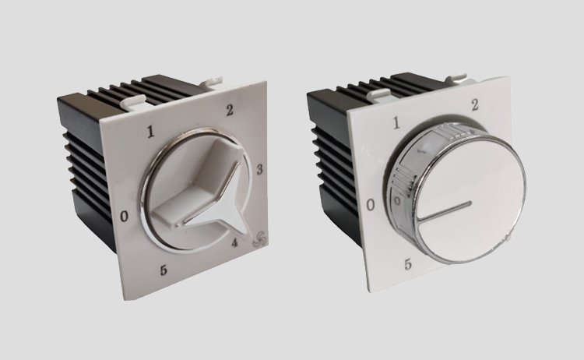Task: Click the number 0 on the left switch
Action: pyautogui.click(x=125, y=216)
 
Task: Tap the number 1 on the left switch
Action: pyautogui.click(x=150, y=132)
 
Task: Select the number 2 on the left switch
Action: pyautogui.click(x=230, y=110)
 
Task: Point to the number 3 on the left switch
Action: pyautogui.click(x=259, y=169)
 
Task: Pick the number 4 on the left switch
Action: pyautogui.click(x=234, y=242)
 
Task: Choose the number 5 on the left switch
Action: pyautogui.click(x=164, y=270)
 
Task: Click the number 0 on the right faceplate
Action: pyautogui.click(x=370, y=205)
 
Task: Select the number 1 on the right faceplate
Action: pyautogui.click(x=396, y=123)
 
